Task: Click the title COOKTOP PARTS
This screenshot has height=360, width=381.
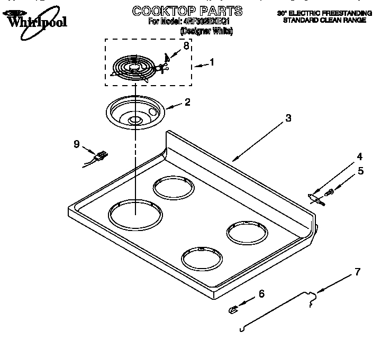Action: tap(187, 11)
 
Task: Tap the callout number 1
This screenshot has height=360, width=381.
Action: tap(212, 62)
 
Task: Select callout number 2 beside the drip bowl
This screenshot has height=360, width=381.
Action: tap(187, 102)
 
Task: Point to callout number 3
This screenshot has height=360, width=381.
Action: tap(288, 118)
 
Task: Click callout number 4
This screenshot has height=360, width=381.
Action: tap(360, 156)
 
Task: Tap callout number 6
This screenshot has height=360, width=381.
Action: tap(261, 294)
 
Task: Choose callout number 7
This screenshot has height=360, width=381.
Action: tap(358, 272)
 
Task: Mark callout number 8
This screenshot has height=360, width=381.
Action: tap(186, 46)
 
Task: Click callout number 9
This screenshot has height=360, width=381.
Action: tap(77, 143)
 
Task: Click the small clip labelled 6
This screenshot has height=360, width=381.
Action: tap(233, 310)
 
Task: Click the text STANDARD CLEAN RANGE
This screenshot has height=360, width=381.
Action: tap(324, 20)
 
